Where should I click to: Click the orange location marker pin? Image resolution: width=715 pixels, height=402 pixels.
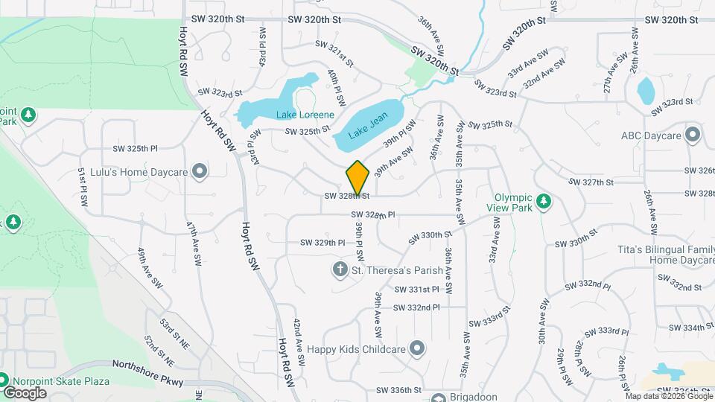(358, 178)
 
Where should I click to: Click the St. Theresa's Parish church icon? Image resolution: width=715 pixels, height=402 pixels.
(340, 269)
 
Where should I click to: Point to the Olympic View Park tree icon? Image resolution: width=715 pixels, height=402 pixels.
(544, 202)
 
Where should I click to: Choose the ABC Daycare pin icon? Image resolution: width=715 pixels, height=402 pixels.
(693, 135)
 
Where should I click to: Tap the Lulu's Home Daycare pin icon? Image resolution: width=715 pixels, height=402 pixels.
(199, 172)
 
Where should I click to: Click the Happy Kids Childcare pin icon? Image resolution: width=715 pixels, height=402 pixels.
(416, 348)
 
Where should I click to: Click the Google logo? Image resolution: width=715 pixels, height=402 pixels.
(25, 392)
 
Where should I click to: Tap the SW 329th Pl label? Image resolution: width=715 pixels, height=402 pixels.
(322, 243)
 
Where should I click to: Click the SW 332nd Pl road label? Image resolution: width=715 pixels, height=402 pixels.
(417, 307)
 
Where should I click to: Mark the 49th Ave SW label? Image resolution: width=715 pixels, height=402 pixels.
(149, 268)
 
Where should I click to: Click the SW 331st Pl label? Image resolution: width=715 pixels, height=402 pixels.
(417, 289)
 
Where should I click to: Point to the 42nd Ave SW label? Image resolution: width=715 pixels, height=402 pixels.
(298, 342)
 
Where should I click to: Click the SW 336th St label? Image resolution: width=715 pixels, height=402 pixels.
(399, 389)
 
